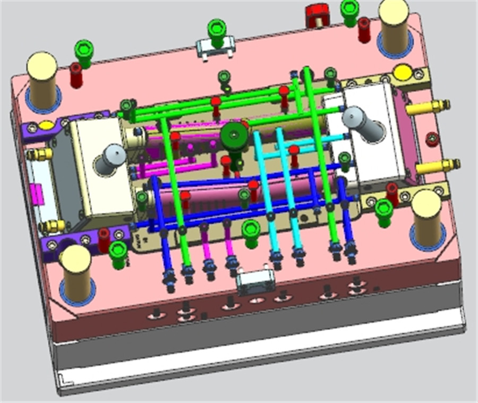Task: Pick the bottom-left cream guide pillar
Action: click(76, 271)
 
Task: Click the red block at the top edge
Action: click(318, 14)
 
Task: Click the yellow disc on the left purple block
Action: click(46, 126)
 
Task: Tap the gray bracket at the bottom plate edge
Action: click(256, 281)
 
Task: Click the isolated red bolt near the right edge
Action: click(432, 140)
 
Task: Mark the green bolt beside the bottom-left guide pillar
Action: click(118, 253)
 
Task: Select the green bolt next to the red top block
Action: click(349, 11)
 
